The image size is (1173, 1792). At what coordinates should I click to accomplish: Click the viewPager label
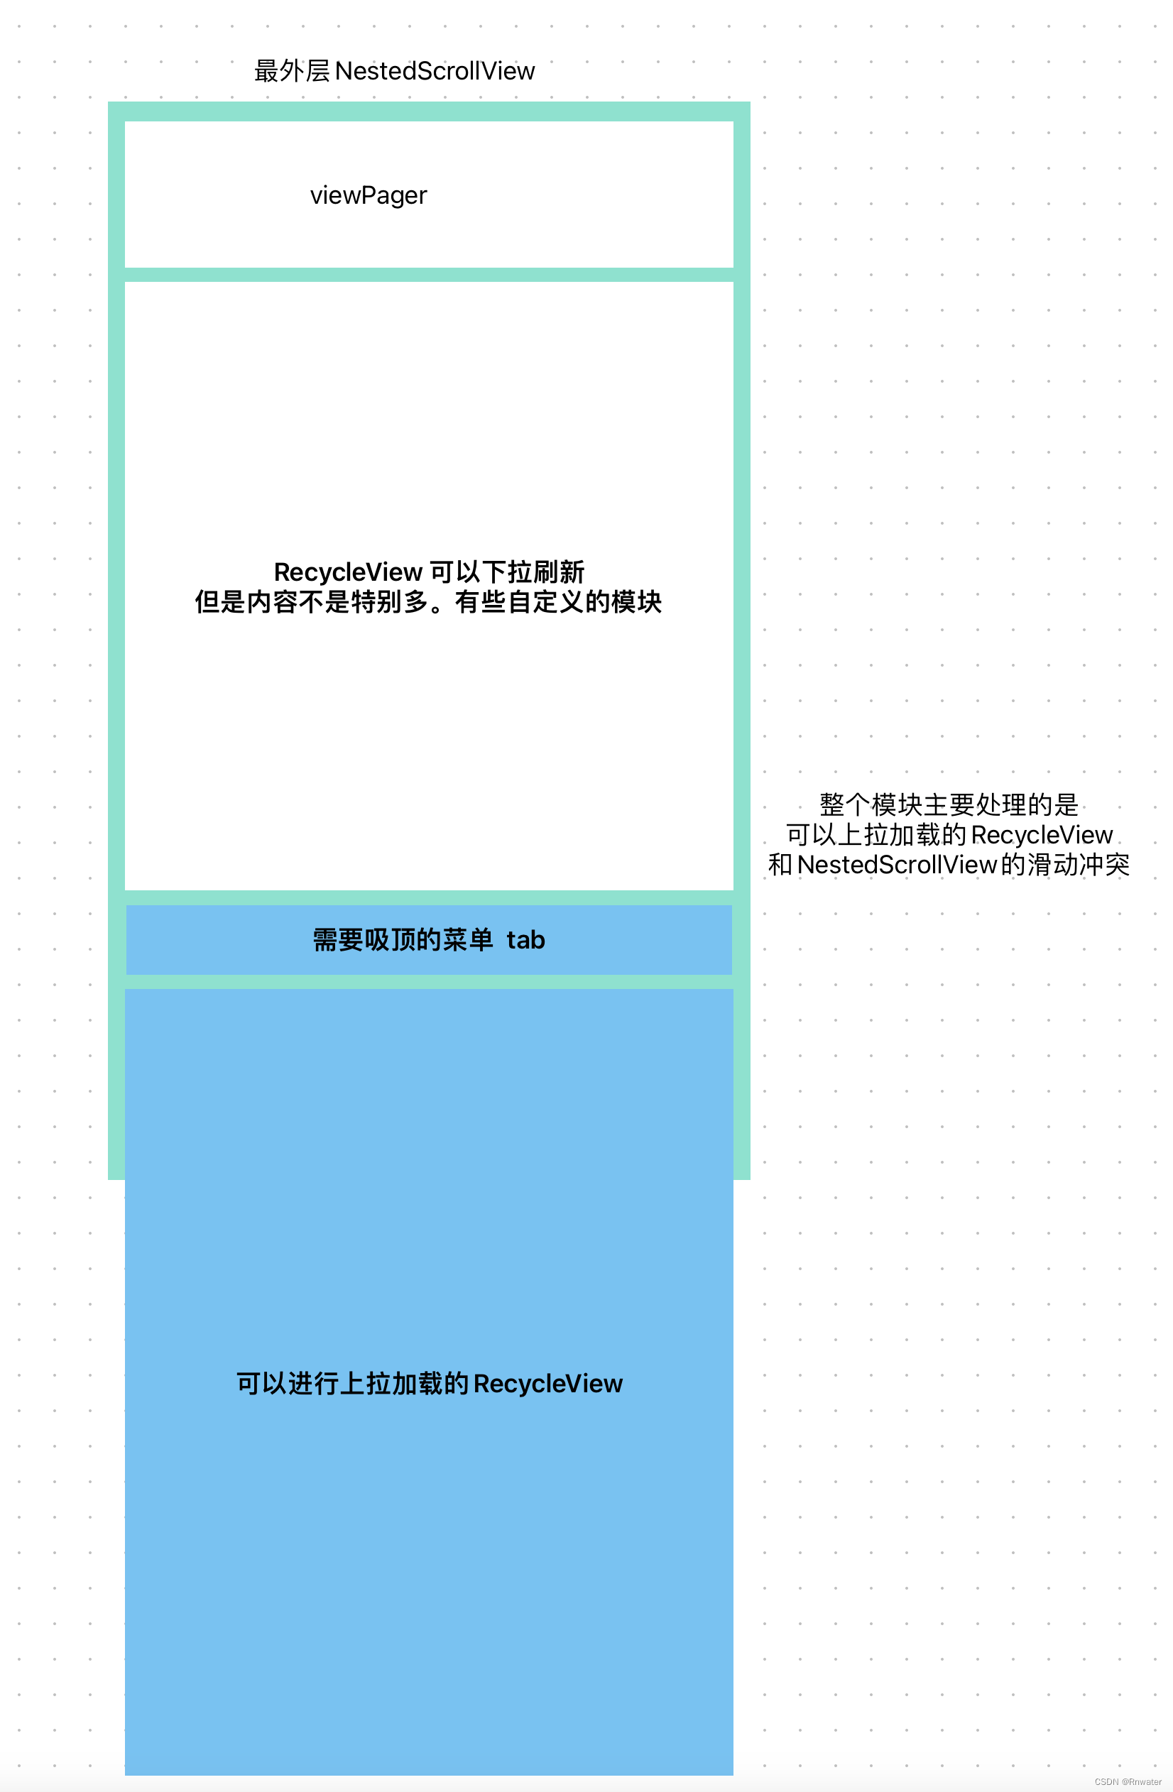(369, 196)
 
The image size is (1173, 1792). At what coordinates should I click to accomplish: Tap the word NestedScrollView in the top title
(435, 72)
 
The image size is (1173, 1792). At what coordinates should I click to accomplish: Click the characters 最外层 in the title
(292, 72)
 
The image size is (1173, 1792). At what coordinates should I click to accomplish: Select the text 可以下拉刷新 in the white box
(507, 572)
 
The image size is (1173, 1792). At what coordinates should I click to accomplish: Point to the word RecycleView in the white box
(348, 572)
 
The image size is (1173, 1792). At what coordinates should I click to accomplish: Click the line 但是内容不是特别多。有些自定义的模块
(427, 602)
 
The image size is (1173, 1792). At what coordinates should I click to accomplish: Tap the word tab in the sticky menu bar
(525, 941)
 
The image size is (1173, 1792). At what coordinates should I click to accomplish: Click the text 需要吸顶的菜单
(403, 941)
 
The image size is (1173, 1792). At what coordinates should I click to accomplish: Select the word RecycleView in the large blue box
(548, 1384)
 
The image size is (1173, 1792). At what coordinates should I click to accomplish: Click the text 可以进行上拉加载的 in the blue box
(352, 1384)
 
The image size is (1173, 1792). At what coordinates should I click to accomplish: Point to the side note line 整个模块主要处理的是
(949, 805)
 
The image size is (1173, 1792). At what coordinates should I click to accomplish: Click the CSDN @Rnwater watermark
(1128, 1781)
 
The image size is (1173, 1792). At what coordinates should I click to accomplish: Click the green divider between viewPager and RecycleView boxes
(429, 275)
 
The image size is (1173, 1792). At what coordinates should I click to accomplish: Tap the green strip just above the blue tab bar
(429, 897)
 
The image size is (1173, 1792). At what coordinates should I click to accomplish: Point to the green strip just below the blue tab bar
(429, 982)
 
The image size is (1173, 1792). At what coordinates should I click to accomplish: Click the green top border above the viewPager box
(429, 111)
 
